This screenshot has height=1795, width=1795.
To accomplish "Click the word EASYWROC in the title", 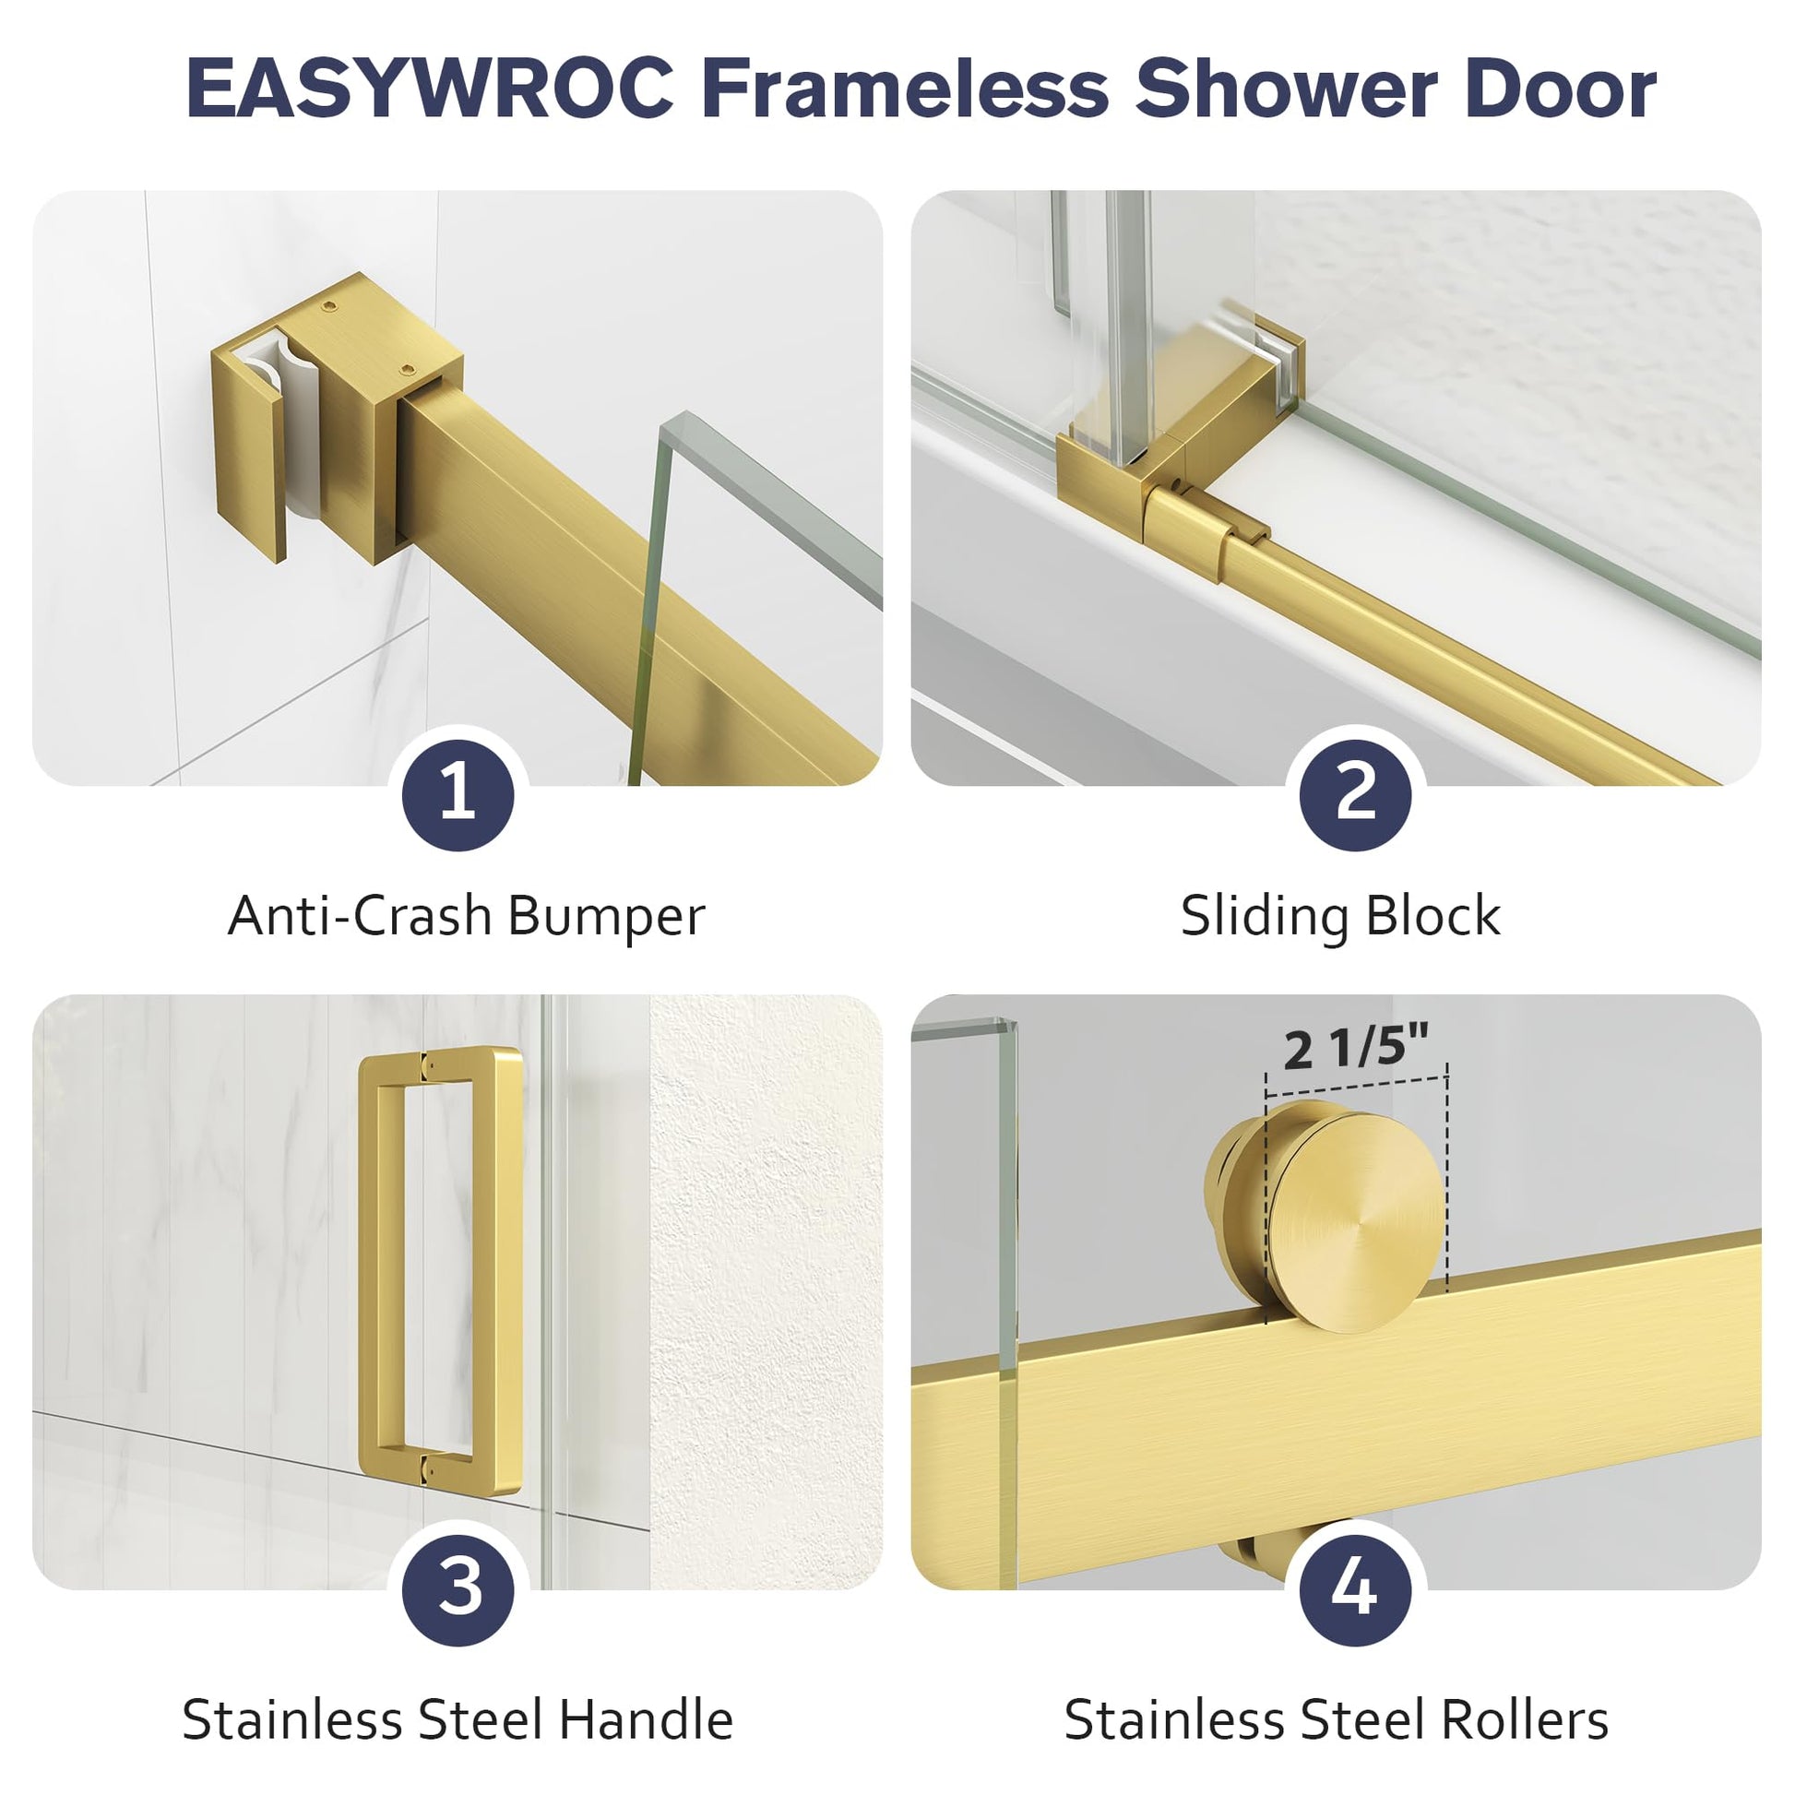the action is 430,89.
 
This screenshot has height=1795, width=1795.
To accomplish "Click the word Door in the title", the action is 1561,89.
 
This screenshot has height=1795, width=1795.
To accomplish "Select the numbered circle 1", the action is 458,795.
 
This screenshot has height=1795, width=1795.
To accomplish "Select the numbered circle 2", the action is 1356,795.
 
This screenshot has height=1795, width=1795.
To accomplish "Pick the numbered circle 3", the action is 458,1589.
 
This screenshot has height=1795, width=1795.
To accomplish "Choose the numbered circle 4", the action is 1356,1589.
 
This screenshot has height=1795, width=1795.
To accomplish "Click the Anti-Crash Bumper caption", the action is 467,916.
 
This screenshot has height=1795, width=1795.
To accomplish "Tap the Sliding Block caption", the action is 1340,916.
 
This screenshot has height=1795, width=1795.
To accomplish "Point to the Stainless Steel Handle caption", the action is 458,1719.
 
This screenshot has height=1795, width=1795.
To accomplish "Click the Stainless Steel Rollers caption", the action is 1336,1719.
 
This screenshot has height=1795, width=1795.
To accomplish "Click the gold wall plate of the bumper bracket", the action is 249,456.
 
